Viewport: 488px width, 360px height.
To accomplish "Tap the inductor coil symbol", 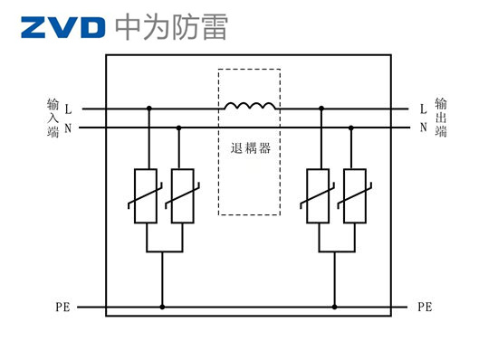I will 250,107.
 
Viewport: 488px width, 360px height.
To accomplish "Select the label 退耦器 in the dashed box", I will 250,147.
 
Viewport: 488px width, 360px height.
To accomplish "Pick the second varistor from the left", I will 182,195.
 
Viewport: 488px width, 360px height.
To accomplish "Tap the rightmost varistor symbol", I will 354,195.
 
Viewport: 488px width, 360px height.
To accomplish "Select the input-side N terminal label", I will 68,128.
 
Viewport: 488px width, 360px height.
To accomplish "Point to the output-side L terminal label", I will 423,109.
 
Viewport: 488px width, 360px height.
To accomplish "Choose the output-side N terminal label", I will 423,128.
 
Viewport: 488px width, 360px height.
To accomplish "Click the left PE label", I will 62,308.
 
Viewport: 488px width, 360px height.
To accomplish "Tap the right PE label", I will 425,308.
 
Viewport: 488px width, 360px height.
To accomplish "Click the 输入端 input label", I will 53,118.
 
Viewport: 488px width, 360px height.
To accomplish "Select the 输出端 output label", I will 441,118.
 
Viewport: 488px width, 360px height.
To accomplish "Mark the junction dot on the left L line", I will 148,109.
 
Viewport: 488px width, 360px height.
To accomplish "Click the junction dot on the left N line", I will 178,128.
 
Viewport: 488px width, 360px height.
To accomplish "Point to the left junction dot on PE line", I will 162,308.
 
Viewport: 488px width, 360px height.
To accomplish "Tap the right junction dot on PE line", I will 334,308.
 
